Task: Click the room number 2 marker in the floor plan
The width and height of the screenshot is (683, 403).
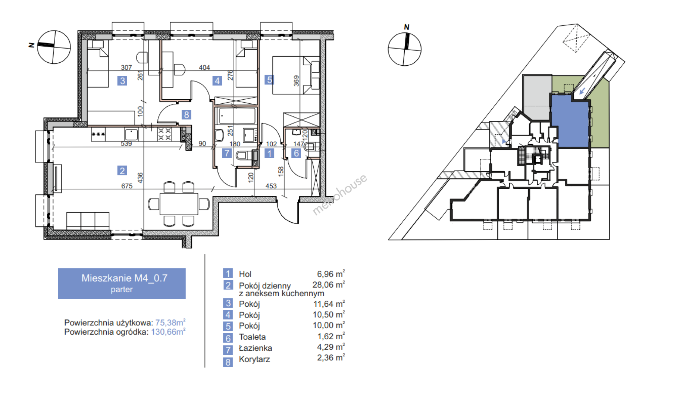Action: point(122,171)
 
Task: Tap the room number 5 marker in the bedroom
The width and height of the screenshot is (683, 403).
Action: point(269,79)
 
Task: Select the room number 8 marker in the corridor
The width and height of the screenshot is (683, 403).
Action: point(187,115)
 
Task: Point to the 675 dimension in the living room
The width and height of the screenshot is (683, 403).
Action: point(127,186)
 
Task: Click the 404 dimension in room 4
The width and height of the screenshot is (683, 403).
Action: point(204,68)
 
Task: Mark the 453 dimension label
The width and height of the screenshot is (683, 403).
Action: point(271,186)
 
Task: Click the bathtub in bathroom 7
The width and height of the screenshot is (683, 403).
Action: point(236,116)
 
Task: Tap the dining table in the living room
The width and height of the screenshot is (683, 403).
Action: point(179,204)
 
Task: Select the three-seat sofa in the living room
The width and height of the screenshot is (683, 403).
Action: point(88,221)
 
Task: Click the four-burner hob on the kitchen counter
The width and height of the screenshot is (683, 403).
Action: point(165,134)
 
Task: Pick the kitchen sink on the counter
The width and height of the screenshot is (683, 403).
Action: point(131,134)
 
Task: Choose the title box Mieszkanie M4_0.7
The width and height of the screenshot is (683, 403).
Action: point(122,284)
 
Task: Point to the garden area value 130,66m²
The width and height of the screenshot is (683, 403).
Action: point(168,332)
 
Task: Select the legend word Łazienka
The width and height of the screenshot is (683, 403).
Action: point(256,348)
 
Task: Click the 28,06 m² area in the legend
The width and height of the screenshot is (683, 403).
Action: point(329,285)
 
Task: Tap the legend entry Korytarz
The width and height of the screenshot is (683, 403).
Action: point(254,359)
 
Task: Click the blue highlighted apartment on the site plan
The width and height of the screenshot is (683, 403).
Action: point(570,121)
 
